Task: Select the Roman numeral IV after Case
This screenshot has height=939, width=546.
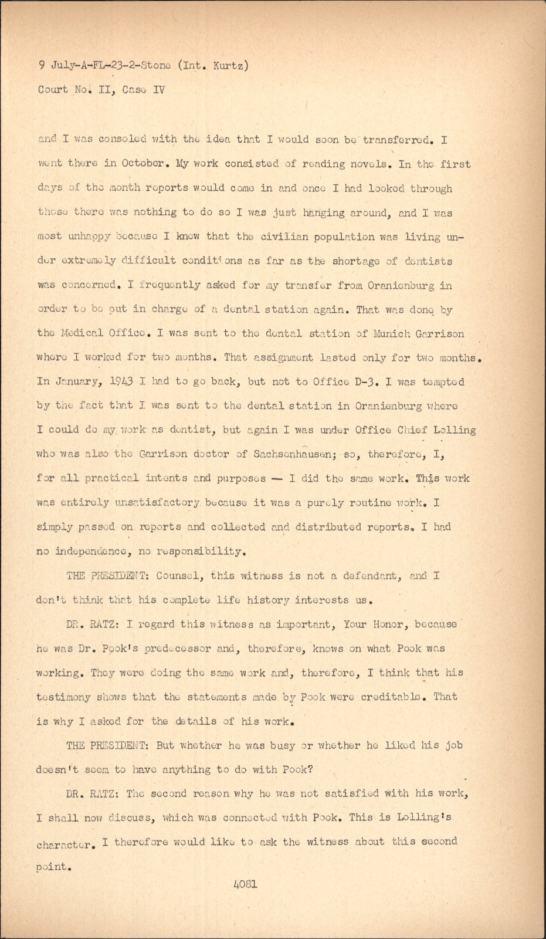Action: [158, 90]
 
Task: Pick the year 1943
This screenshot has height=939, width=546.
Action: [124, 381]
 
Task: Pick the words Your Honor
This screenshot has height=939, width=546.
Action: [375, 624]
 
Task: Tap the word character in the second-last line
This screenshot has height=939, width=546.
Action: [64, 846]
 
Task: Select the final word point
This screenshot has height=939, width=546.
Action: [52, 866]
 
